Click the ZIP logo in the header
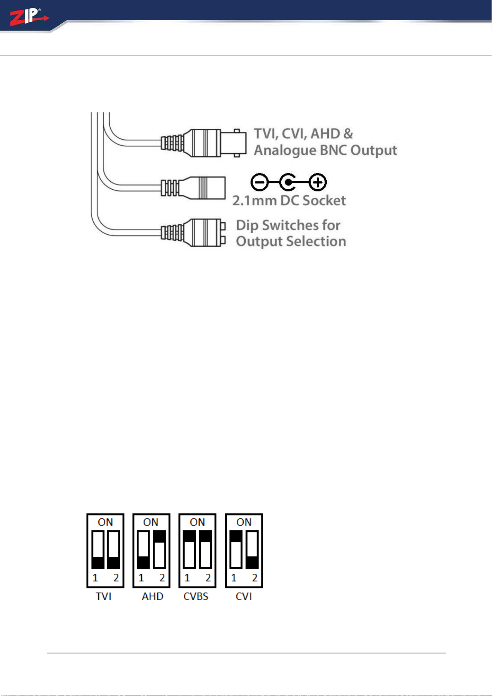[29, 17]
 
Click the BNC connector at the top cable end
[204, 143]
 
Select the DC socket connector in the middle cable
[193, 188]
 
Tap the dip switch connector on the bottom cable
[193, 233]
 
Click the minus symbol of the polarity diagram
[259, 183]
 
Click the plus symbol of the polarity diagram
[318, 183]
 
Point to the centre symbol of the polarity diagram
[288, 183]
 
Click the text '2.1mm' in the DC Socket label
[254, 201]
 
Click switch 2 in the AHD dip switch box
[159, 550]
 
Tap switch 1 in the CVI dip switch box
[235, 550]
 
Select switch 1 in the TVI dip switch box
[98, 550]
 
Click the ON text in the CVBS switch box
[197, 522]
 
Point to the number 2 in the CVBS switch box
[208, 577]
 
